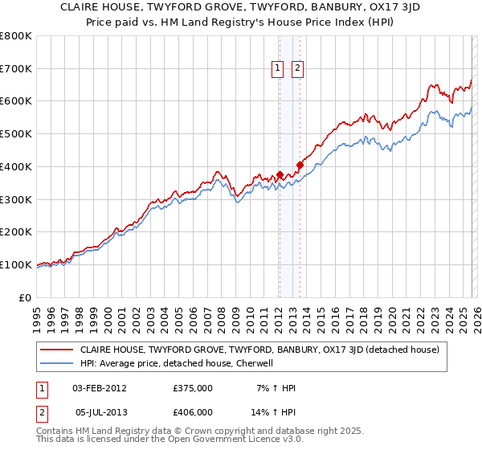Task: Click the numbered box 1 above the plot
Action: coord(278,69)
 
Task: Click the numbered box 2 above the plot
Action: coord(297,69)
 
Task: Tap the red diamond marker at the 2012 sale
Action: coord(280,174)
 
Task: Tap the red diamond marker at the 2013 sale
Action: coord(300,165)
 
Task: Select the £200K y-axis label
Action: coord(16,232)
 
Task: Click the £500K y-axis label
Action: coord(16,134)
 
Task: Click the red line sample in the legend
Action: coord(57,350)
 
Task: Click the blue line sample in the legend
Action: coord(57,363)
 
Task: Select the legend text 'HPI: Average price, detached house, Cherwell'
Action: coord(177,363)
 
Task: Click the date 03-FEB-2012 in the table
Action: coord(100,388)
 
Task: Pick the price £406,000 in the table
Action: coord(192,411)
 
